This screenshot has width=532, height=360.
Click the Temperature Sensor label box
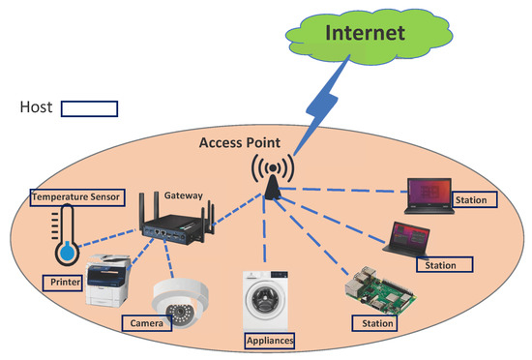pos(76,197)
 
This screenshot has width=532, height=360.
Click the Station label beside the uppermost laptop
pos(473,200)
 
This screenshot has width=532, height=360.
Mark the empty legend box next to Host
pos(89,108)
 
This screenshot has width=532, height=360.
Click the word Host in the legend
pos(37,108)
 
